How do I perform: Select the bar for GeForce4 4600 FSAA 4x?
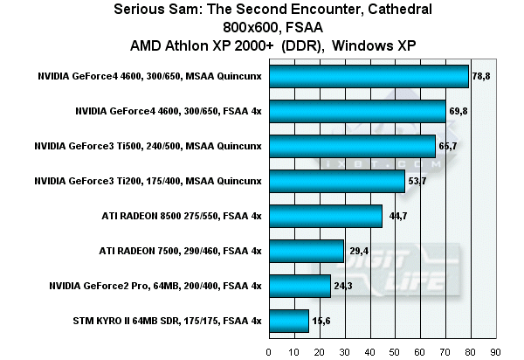pyautogui.click(x=357, y=112)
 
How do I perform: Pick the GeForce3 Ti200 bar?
pyautogui.click(x=337, y=181)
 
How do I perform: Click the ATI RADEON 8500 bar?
pyautogui.click(x=326, y=216)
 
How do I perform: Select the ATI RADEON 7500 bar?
pyautogui.click(x=307, y=251)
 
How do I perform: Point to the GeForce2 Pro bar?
pyautogui.click(x=300, y=286)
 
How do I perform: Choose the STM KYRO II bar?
pyautogui.click(x=289, y=321)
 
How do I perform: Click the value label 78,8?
pyautogui.click(x=482, y=77)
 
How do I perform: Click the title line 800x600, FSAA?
pyautogui.click(x=261, y=26)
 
